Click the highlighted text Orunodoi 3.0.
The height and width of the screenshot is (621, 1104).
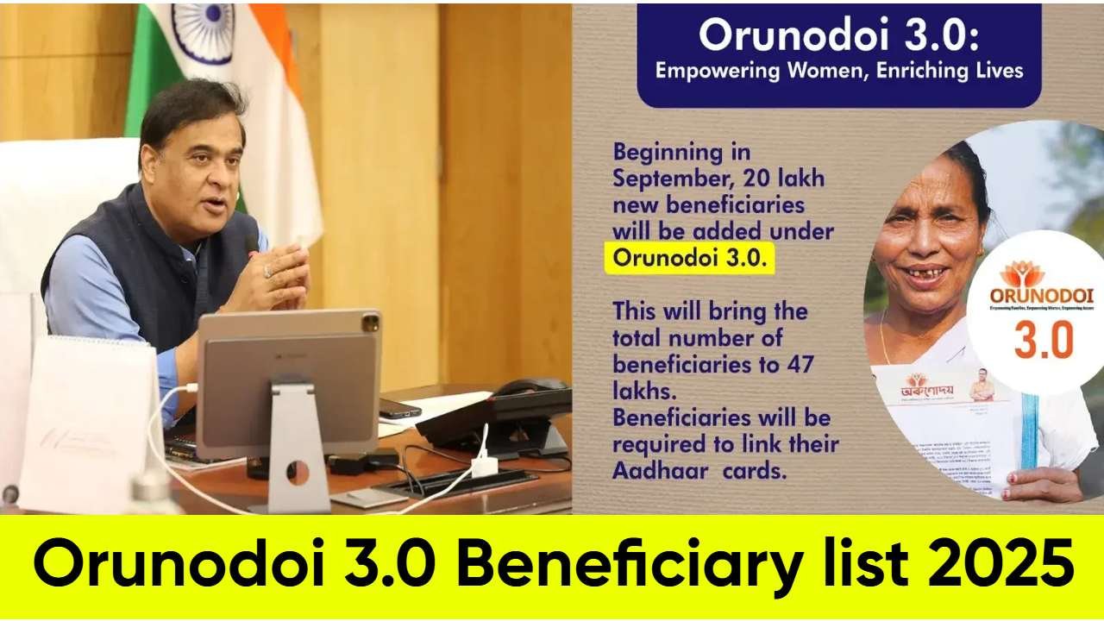(689, 258)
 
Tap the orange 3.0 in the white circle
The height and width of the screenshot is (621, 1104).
(1043, 339)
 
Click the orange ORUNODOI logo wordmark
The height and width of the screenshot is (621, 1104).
(1041, 296)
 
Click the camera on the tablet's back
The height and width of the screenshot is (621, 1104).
(370, 323)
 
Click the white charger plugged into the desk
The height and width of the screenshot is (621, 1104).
(484, 465)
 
